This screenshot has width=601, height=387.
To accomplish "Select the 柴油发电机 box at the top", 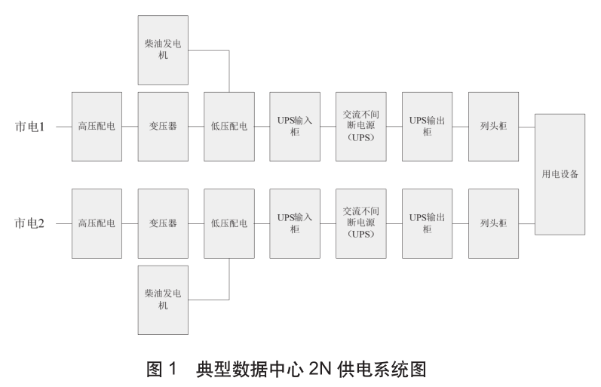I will (163, 50).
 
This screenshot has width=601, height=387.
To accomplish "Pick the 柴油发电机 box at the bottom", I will (163, 299).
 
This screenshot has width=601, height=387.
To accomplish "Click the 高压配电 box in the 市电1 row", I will (97, 127).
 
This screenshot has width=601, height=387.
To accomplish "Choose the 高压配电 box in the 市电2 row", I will (97, 223).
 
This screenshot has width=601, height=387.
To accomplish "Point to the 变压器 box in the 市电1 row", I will (163, 127).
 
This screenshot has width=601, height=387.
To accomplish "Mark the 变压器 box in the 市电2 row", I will (163, 223).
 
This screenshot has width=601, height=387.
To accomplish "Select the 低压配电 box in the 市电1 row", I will (229, 127).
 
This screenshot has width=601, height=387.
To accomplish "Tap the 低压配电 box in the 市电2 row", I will (229, 223).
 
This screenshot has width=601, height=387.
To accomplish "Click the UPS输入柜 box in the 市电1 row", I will (295, 127).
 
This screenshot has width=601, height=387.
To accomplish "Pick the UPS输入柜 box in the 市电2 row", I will (295, 223).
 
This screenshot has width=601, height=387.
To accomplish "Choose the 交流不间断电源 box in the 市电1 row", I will (361, 127).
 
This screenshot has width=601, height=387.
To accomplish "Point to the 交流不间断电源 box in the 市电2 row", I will (361, 223).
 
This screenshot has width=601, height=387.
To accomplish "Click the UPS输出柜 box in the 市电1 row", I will (428, 127).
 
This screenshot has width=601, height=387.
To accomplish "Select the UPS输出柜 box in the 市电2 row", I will (428, 223).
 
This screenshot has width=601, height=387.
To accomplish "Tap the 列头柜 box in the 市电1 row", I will (494, 127).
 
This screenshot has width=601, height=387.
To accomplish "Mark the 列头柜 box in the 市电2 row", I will (494, 223).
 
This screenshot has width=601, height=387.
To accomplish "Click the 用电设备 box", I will (560, 174).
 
